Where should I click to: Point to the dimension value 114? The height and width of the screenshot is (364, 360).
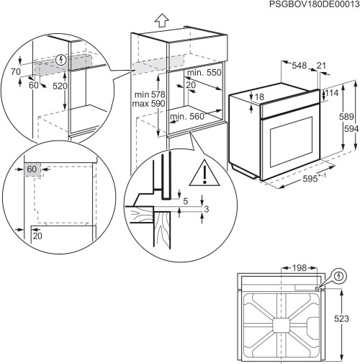331,94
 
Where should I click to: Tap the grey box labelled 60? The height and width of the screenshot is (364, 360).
32,169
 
